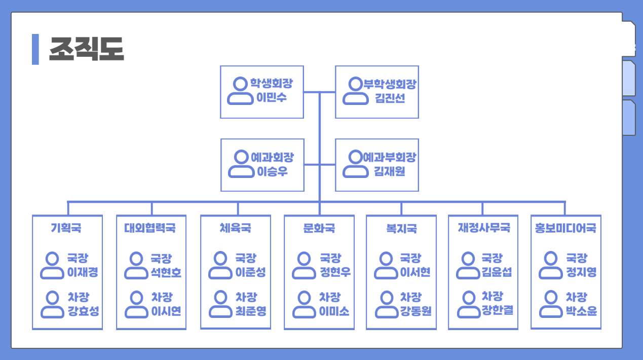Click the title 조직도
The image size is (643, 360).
coord(86,49)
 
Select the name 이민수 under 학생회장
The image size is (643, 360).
coord(272,98)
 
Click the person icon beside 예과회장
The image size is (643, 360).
coord(240,164)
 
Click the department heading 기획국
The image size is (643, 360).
coord(66,228)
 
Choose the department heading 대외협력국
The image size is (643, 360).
coord(150,228)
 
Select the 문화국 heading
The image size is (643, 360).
coord(319,228)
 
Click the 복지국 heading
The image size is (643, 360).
coord(401,228)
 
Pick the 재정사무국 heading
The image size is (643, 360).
coord(484,228)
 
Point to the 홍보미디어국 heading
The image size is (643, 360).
coord(566,228)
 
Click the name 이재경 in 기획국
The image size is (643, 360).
coord(83,272)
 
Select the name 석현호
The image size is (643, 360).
coord(166,272)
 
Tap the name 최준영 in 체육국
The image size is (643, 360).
coord(251,310)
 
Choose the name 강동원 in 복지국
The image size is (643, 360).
coord(415,310)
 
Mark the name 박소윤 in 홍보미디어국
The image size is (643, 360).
coord(581,310)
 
